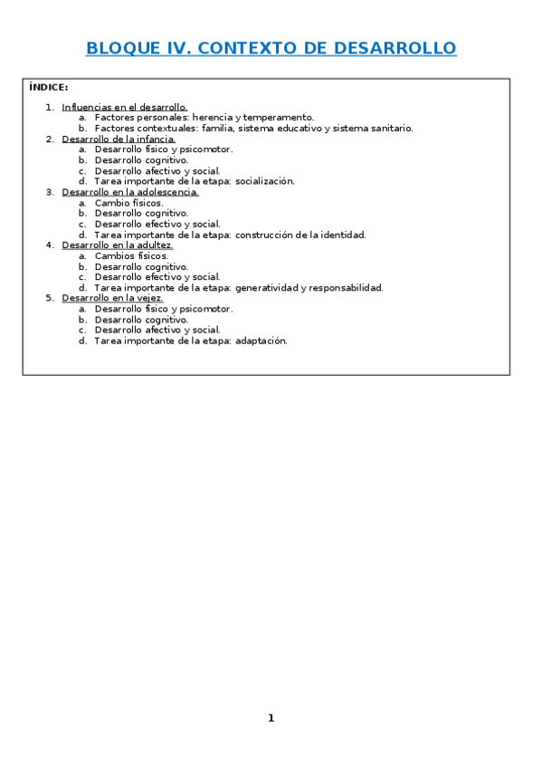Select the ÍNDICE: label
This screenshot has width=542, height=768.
[48, 88]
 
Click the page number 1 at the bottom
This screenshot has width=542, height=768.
[271, 718]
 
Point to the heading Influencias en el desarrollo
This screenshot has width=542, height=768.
[124, 107]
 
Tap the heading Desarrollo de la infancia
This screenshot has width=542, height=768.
[119, 139]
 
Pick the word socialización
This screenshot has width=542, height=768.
[264, 181]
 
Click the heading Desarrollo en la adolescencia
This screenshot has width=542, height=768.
[130, 192]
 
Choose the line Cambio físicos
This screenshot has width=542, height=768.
[128, 203]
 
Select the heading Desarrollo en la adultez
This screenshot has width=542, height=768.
[117, 245]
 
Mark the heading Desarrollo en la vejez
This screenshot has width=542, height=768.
[112, 298]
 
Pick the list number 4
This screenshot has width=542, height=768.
[49, 245]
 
